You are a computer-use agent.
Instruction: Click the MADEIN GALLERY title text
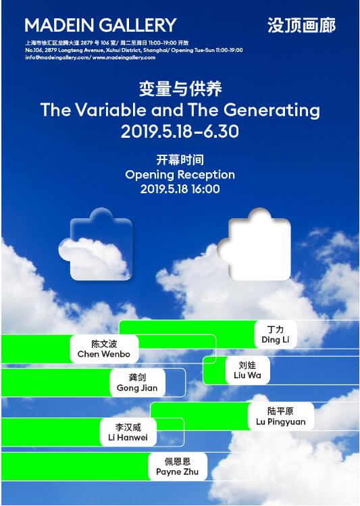(x=101, y=25)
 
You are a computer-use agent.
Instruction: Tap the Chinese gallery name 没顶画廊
(x=302, y=25)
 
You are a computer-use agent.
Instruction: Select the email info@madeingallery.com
(x=57, y=57)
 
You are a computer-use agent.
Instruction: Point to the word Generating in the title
(x=272, y=111)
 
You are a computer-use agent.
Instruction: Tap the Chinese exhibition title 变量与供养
(x=180, y=88)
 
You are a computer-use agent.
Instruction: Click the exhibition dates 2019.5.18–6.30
(x=180, y=131)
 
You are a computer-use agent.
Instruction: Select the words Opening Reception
(x=180, y=175)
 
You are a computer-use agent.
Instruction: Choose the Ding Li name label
(x=276, y=334)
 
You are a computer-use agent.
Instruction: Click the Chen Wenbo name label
(x=104, y=349)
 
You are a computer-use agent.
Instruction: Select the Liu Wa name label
(x=247, y=370)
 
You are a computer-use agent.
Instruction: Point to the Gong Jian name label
(x=137, y=383)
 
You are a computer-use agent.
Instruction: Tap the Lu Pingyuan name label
(x=281, y=416)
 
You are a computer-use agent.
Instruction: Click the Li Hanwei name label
(x=128, y=432)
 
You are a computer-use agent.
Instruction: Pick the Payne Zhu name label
(x=177, y=467)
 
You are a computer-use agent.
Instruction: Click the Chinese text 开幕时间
(x=180, y=159)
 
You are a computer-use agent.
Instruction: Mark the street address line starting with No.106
(x=134, y=50)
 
